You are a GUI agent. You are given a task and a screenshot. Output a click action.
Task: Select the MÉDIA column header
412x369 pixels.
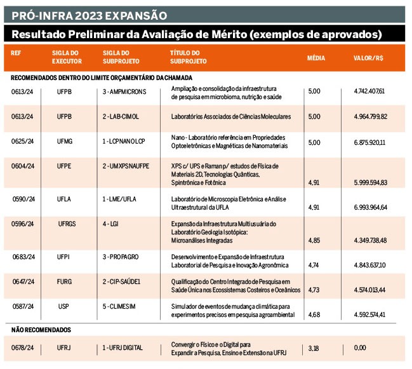coord(316,58)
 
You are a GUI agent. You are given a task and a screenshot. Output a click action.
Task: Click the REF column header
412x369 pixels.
coord(16,53)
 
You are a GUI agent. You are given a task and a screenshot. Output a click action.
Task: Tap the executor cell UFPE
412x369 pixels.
coord(64,166)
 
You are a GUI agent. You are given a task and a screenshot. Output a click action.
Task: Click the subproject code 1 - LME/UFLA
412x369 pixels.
coord(123,199)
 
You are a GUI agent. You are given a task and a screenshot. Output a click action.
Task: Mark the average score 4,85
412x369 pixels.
coord(314,240)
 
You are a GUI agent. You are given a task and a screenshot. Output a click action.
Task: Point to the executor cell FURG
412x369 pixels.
coord(64,282)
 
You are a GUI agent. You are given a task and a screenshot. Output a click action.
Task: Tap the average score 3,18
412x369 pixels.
coord(314,348)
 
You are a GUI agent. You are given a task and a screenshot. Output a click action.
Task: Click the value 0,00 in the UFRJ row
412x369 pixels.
coord(361,348)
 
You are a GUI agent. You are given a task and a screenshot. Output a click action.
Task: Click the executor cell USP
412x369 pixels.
coord(63,307)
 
